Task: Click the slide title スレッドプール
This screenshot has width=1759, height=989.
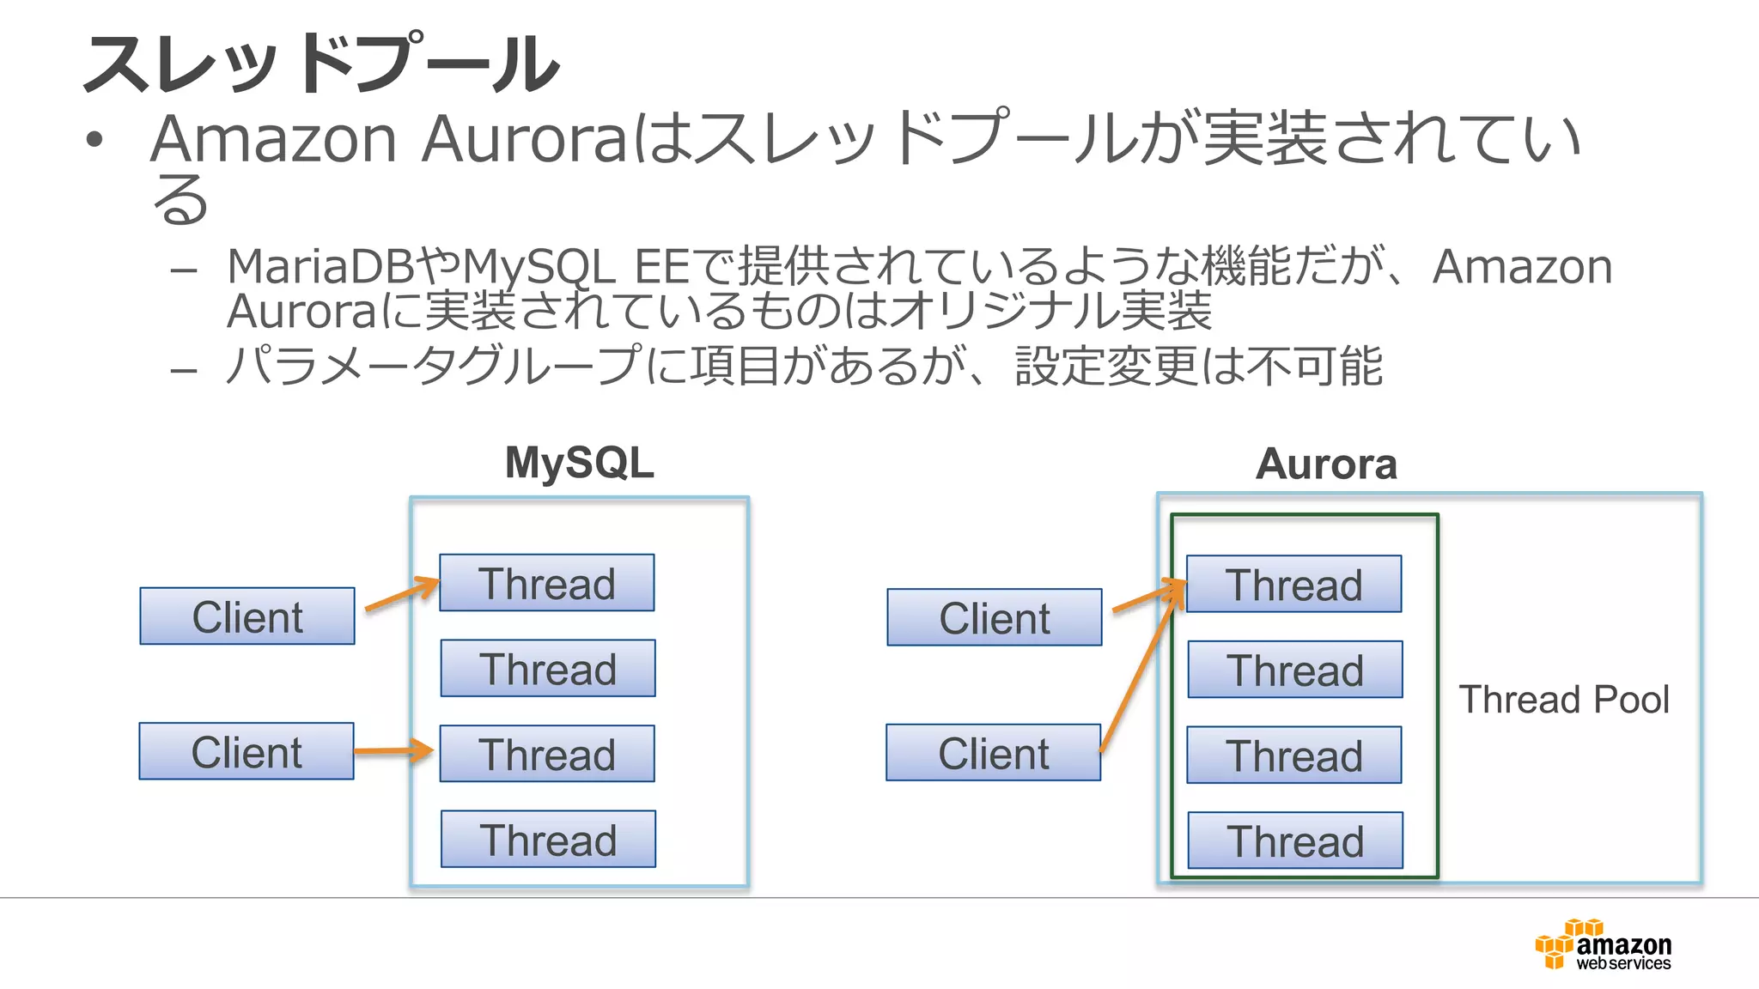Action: coord(321,64)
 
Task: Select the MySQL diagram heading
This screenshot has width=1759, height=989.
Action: coord(579,463)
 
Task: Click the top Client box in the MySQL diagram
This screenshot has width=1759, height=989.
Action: coord(247,616)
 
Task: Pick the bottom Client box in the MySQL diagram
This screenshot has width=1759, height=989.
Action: coord(247,751)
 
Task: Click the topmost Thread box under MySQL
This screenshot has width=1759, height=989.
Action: coord(547,583)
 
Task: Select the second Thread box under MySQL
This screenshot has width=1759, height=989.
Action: coord(548,668)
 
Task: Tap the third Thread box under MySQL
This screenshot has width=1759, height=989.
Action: coord(547,754)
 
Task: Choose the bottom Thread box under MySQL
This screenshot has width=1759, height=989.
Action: coord(548,839)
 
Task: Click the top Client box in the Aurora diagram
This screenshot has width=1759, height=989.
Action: coord(994,617)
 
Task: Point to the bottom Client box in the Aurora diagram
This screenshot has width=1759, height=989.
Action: coord(993,752)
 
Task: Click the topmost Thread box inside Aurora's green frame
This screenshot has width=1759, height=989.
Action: coord(1293,584)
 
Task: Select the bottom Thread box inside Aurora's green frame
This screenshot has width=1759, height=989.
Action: coord(1295,840)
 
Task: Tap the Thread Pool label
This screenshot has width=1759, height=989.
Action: coord(1563,699)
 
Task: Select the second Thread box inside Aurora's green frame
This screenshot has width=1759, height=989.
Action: coord(1295,670)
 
